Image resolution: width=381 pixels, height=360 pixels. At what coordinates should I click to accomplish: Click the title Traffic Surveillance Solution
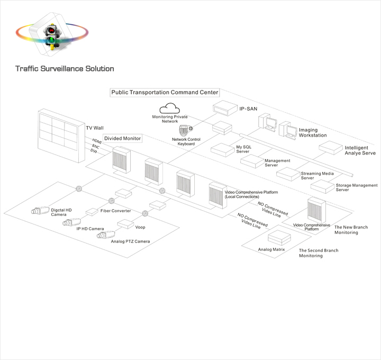tap(65, 69)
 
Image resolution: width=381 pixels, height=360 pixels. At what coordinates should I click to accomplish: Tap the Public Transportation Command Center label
tap(165, 92)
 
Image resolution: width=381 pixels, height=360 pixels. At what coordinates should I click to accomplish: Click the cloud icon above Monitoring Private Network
tap(170, 109)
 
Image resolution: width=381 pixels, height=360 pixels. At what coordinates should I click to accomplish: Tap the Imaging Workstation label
tap(313, 132)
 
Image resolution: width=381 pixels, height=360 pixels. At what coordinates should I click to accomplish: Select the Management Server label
tap(278, 163)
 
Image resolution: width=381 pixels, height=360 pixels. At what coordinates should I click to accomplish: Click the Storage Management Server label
tap(356, 187)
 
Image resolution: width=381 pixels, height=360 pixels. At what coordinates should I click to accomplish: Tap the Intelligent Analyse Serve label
tap(360, 150)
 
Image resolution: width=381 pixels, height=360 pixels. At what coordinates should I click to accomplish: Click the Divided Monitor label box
tap(123, 138)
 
